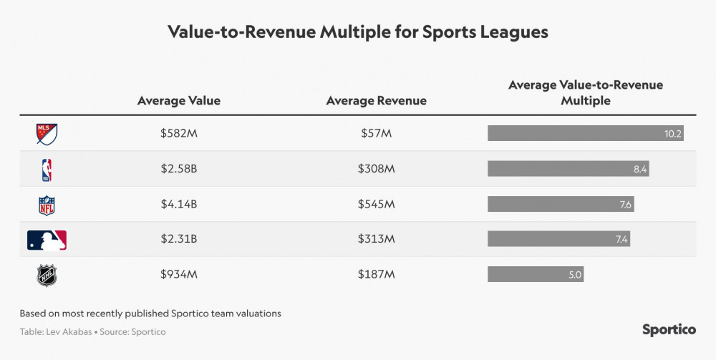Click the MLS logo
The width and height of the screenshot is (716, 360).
pos(47,134)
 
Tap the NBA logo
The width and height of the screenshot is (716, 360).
pos(47,170)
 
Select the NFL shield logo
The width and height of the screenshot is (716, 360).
pos(47,205)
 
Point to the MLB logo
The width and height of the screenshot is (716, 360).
pos(47,240)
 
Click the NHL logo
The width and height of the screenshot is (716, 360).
pos(47,276)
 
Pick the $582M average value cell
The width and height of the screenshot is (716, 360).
pos(179,134)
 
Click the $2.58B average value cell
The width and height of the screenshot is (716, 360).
pos(179,169)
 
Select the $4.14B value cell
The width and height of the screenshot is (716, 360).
pos(179,205)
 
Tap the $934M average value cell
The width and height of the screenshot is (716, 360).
pos(179,275)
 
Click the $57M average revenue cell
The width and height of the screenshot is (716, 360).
pos(376,134)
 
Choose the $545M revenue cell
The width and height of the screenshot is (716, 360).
pos(376,205)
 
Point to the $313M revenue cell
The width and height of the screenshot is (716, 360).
pos(376,240)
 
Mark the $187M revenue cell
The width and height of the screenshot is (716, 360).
pos(376,275)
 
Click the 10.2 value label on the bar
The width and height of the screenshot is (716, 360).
pos(673,134)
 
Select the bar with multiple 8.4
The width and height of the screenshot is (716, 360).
pos(569,169)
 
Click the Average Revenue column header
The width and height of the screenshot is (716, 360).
pos(376,101)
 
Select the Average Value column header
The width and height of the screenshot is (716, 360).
pos(179,101)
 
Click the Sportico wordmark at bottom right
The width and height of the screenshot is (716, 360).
pos(669,329)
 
